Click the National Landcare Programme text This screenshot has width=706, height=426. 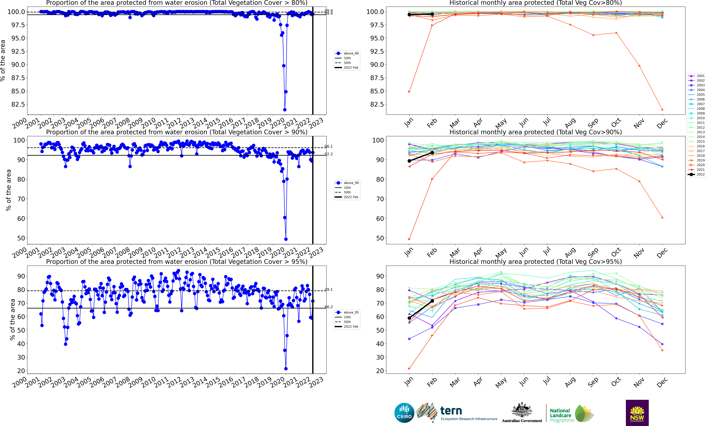(x=562, y=415)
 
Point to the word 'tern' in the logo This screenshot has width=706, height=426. (x=451, y=411)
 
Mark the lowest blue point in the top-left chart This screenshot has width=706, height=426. (x=285, y=110)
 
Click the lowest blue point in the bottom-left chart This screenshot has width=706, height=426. (x=286, y=369)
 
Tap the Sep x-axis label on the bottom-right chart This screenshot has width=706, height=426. (x=593, y=382)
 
